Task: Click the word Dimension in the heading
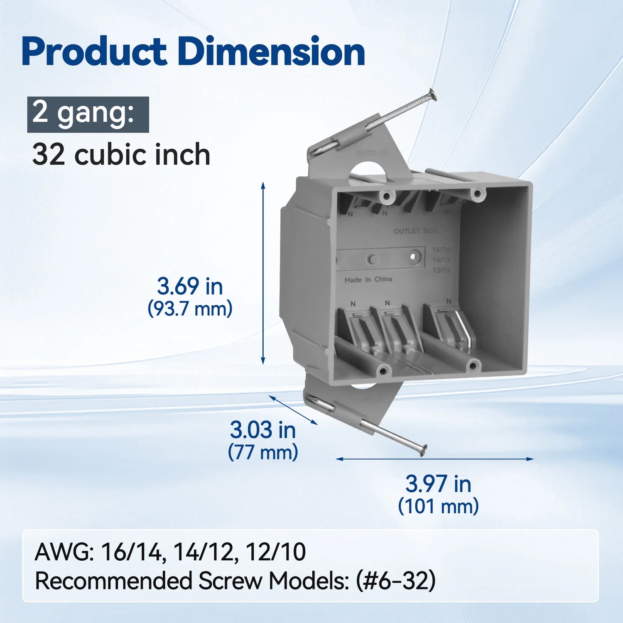271,52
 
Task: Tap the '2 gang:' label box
88,114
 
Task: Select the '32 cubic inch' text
121,155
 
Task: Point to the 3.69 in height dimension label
190,286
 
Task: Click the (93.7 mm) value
190,309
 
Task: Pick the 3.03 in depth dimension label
262,430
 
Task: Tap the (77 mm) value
262,452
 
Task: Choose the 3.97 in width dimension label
438,484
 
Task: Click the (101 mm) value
438,506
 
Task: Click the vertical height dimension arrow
263,273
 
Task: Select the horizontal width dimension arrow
434,459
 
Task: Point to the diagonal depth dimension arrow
293,410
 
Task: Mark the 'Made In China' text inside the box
368,280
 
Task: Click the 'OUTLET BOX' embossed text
415,231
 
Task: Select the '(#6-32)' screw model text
396,581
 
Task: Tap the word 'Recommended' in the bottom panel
113,581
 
